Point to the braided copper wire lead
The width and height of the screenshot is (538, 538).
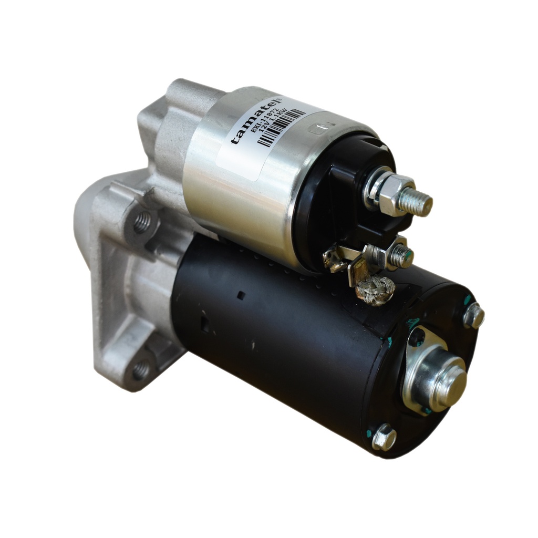[x=375, y=291]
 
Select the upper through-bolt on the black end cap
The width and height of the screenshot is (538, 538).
[x=473, y=316]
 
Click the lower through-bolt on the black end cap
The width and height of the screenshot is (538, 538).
[x=384, y=437]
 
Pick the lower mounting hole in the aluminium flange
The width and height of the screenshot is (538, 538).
[x=140, y=370]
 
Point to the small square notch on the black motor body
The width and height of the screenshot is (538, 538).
[x=241, y=295]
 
